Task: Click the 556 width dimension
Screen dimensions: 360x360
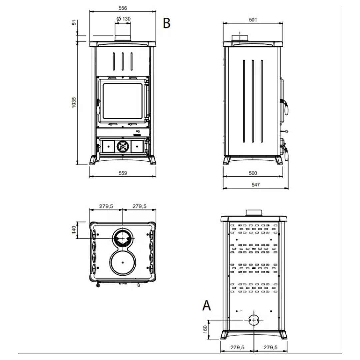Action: coord(123,8)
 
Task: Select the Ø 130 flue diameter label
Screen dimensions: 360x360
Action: coord(124,19)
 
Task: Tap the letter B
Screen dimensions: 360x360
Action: coord(167,23)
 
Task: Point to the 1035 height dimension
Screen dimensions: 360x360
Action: coord(74,103)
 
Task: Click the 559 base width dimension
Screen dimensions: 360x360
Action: coord(123,173)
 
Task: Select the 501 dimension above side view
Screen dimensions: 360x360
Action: coord(253,20)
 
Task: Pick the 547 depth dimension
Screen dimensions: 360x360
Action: coord(256,185)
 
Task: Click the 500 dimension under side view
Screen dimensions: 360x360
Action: coord(253,173)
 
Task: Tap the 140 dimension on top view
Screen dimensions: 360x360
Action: coord(74,230)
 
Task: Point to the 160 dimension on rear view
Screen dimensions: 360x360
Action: coord(205,329)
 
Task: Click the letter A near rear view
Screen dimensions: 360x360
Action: coord(206,306)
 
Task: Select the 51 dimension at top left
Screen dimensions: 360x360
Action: coord(74,23)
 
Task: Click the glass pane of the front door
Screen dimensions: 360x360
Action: coord(123,101)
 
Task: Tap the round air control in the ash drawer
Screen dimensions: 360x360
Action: coord(123,146)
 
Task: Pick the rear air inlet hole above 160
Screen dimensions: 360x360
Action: coord(254,320)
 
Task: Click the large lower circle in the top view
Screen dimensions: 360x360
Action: coord(123,262)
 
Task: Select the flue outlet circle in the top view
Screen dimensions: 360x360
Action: coord(123,239)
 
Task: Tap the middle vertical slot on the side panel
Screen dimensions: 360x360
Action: coord(253,101)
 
